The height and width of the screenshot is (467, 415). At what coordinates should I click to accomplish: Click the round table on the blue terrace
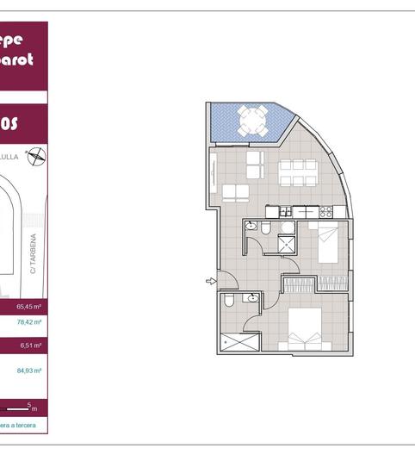click(x=251, y=121)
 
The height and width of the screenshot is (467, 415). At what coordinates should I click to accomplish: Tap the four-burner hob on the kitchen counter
click(x=326, y=211)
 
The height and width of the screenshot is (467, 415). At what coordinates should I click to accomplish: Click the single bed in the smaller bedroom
click(x=327, y=242)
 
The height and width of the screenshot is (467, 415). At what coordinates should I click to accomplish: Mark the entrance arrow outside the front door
click(x=211, y=281)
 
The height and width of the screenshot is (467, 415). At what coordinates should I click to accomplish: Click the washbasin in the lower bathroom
click(x=251, y=298)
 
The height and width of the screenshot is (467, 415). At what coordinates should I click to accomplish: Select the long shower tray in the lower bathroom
click(x=240, y=342)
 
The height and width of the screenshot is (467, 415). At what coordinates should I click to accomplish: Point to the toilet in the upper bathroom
click(x=267, y=227)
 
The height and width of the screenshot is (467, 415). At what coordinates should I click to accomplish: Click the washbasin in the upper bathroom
click(x=251, y=226)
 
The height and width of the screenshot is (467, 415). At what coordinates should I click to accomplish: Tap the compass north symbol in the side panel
click(x=37, y=156)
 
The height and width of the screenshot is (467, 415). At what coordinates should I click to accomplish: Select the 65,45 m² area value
click(x=30, y=306)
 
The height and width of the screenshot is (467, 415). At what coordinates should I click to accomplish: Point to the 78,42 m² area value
click(x=30, y=322)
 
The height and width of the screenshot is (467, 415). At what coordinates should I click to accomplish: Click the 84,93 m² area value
click(x=30, y=370)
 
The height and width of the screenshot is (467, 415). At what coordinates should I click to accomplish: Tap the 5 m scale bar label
click(x=32, y=406)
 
